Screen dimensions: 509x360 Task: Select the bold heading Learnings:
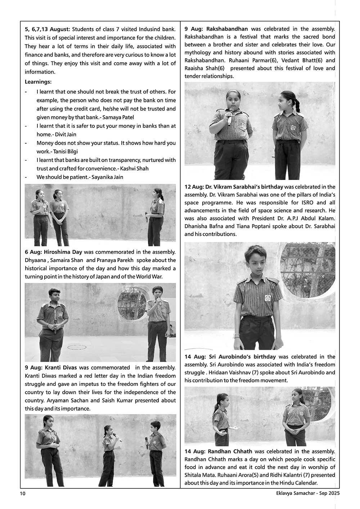(38, 82)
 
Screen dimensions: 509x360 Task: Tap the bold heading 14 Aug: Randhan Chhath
(218, 451)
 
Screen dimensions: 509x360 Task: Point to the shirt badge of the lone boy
(267, 298)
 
